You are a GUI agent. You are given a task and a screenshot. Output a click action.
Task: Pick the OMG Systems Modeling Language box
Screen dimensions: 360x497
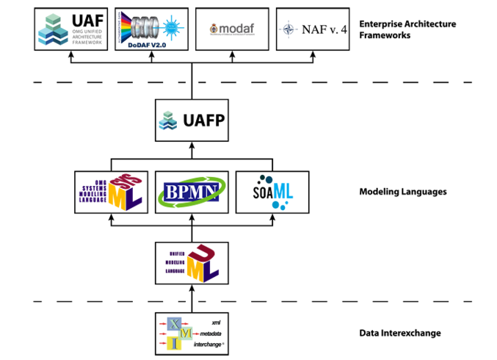pos(111,192)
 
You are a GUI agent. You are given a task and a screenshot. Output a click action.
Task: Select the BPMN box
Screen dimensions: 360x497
pos(192,192)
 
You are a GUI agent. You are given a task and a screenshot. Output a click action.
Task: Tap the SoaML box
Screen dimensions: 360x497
pos(272,192)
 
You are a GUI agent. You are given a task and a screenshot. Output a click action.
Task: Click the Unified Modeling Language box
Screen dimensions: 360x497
pos(192,262)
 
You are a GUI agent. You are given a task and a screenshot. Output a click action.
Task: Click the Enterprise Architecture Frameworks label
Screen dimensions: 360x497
pos(407,29)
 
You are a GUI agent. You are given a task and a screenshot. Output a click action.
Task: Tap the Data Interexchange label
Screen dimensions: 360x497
pos(400,333)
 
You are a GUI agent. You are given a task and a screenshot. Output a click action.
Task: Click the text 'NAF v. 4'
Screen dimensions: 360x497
pos(319,30)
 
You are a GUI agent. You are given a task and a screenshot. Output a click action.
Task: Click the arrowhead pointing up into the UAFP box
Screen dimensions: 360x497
pos(192,145)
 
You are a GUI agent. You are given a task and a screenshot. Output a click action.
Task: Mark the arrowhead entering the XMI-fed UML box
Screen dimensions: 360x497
pos(192,288)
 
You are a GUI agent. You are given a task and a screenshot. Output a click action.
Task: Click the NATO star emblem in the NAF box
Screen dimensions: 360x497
pos(287,30)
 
